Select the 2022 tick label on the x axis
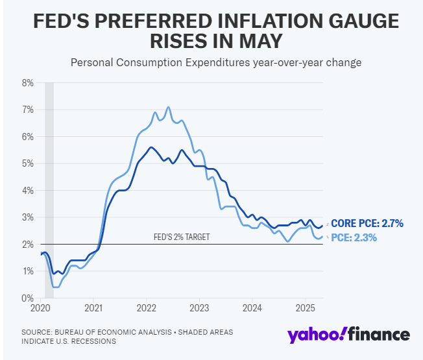click(x=147, y=307)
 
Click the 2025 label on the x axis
click(x=306, y=307)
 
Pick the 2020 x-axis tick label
click(x=41, y=307)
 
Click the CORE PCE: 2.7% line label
click(x=367, y=224)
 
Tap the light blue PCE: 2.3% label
click(x=354, y=238)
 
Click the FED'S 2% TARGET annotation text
click(x=181, y=237)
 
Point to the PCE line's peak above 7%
click(x=168, y=107)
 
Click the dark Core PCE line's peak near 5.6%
click(x=151, y=147)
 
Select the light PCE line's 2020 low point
click(x=56, y=286)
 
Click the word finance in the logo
click(x=379, y=335)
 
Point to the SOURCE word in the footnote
click(x=38, y=332)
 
